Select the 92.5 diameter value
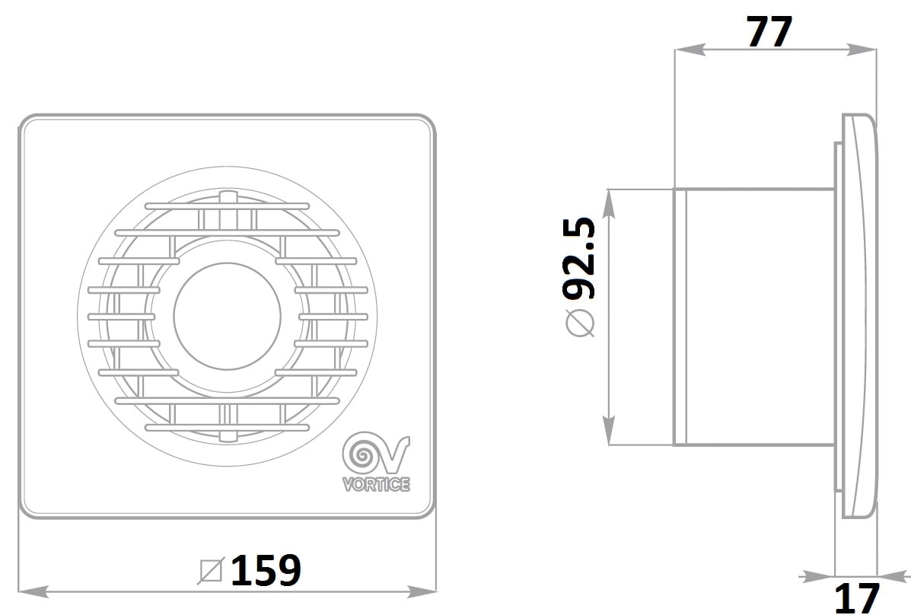point(579,258)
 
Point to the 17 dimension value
point(857,597)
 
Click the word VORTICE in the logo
point(377,483)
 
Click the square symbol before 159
point(211,570)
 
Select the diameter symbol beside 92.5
point(581,323)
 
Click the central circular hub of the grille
point(227,316)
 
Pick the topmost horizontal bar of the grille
point(227,206)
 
